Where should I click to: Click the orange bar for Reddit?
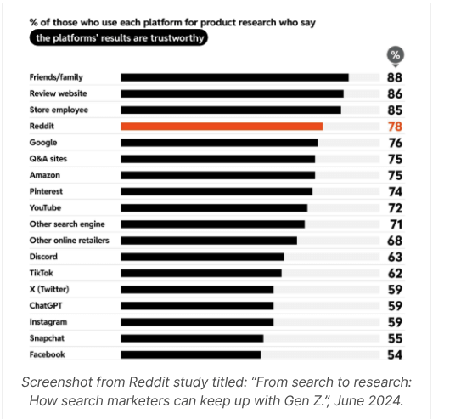click(x=222, y=127)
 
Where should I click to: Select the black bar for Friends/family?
click(x=234, y=77)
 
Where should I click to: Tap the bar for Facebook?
click(x=191, y=354)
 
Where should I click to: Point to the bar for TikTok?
click(x=200, y=273)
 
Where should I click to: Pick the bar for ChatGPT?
click(x=197, y=305)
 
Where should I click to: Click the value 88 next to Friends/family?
click(x=395, y=77)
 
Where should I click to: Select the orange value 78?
click(x=395, y=127)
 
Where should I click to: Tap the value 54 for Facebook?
click(x=395, y=354)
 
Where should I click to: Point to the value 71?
click(x=395, y=224)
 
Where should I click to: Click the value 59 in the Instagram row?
click(x=395, y=322)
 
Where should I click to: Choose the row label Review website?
click(x=58, y=93)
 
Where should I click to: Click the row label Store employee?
click(x=59, y=110)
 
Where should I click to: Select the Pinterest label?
click(x=47, y=191)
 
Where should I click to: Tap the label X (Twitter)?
click(x=49, y=289)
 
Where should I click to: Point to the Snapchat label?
click(x=48, y=338)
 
